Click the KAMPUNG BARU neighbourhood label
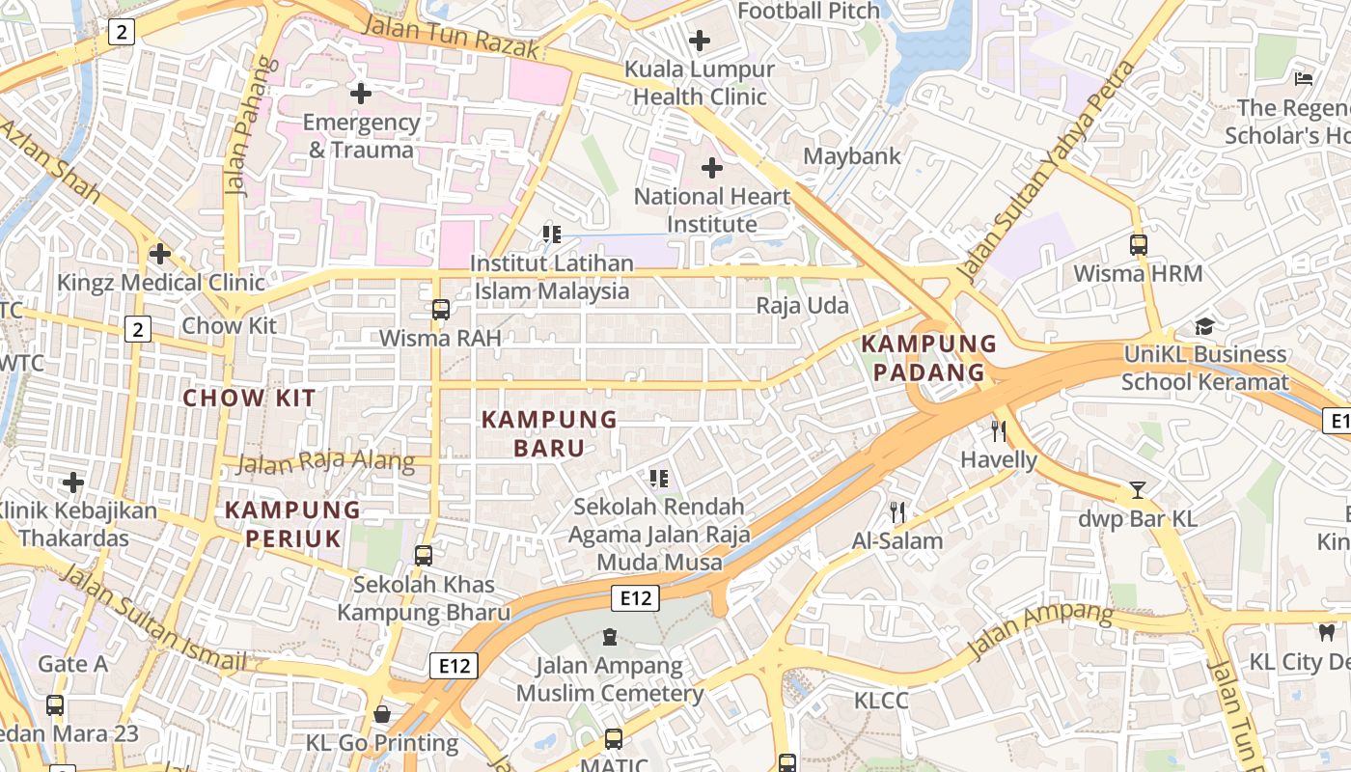549,433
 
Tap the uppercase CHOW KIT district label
249,398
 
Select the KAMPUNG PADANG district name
928,358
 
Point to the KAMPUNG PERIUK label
292,524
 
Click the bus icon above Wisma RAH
441,310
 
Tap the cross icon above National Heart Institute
712,168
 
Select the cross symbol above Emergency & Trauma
361,94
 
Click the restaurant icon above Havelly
999,431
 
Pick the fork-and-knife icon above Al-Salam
897,512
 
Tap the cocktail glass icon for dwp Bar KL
1138,490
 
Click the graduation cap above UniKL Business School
1204,326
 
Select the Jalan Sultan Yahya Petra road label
1045,169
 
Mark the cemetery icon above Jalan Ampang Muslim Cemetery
610,637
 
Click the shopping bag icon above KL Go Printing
382,714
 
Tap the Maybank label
852,155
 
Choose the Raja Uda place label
802,306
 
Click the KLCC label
881,700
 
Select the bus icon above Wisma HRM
1139,245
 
